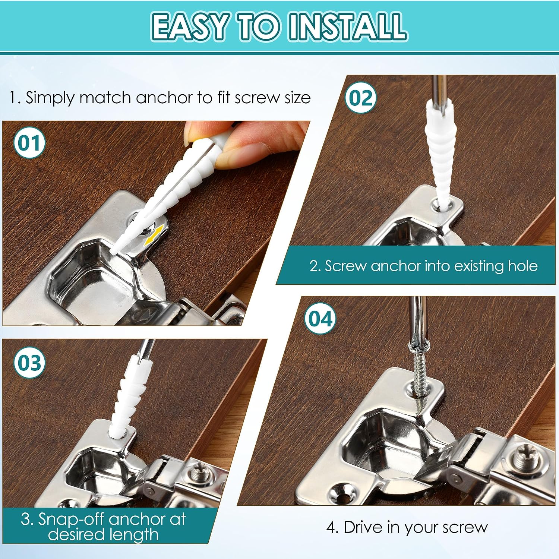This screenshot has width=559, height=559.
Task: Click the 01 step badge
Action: [x=29, y=143]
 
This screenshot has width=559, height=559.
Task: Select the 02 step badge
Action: [x=360, y=98]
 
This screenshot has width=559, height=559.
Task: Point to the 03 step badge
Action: [x=29, y=362]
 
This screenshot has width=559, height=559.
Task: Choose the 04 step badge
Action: [x=320, y=319]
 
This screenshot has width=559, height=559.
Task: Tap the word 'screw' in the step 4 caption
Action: [x=465, y=528]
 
